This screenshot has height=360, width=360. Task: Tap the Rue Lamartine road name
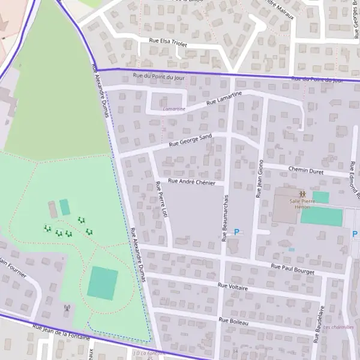pos(224,98)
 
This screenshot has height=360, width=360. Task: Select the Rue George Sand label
pos(190,140)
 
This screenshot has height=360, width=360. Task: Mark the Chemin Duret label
pos(305,171)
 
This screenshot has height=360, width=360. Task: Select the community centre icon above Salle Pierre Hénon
pos(302,194)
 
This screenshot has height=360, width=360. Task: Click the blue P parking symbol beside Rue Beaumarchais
pos(237,232)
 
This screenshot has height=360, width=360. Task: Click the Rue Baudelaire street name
pos(319,323)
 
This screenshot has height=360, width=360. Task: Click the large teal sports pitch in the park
pos(103,283)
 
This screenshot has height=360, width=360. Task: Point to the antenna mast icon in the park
pos(67,308)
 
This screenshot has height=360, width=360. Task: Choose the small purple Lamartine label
pos(174,109)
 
